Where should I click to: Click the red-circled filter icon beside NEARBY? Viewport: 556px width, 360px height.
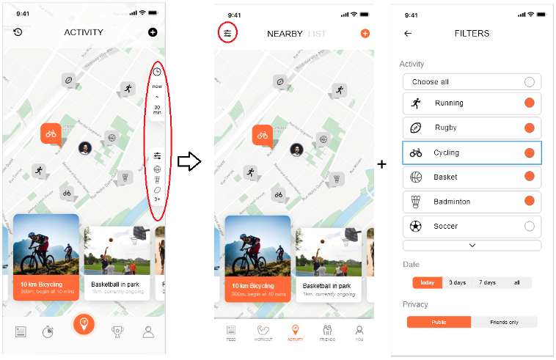228,33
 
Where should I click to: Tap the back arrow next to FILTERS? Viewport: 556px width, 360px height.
408,33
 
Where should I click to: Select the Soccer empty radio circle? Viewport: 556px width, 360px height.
529,227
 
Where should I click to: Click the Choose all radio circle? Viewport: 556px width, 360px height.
529,82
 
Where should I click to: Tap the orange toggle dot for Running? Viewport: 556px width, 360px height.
529,103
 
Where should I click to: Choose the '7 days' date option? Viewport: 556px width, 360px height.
488,282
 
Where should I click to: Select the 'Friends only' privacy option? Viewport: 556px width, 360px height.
504,322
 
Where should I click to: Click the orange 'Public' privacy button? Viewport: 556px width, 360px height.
439,322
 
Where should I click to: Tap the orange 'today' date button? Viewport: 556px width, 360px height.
427,282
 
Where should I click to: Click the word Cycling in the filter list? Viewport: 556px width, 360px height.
446,153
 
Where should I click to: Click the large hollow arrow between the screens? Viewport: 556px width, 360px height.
189,162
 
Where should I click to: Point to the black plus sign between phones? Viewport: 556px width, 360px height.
381,164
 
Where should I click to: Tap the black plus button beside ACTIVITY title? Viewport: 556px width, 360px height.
153,32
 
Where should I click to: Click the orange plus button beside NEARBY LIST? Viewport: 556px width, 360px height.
365,34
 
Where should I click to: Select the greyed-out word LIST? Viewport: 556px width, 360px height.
318,34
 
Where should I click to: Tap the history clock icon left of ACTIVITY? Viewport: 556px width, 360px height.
18,32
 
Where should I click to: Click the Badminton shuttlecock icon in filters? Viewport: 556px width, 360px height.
416,202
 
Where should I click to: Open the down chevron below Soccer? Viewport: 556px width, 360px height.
472,246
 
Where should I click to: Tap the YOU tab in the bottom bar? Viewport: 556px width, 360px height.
359,333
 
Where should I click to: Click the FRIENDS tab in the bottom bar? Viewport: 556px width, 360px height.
327,333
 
